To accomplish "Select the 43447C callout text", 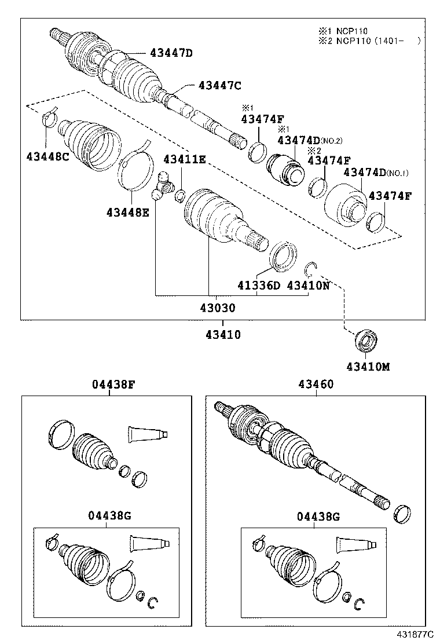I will coord(219,86).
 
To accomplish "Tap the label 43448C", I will coord(47,156).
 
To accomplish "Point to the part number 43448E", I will coord(127,212).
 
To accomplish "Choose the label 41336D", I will coord(258,286).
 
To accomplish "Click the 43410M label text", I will coord(368,366).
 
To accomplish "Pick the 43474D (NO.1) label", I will coord(376,173).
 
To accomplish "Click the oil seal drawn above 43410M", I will coord(366,341).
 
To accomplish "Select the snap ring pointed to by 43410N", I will coord(311,268).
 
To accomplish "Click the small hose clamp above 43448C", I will coord(50,118).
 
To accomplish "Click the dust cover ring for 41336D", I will coord(283,256).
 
